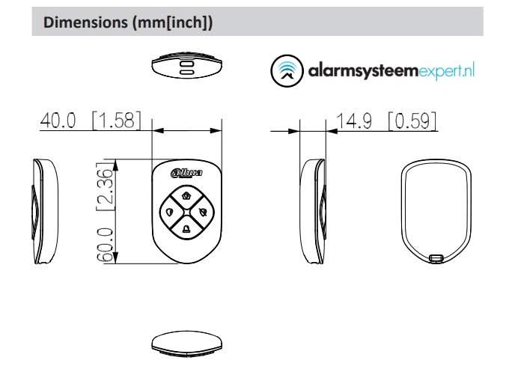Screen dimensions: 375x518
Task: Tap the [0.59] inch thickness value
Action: [412, 121]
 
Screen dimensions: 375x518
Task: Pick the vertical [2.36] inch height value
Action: [108, 187]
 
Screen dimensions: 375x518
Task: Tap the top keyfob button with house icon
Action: [186, 195]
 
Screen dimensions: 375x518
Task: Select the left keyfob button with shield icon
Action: [169, 211]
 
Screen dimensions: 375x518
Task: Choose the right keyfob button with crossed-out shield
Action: [204, 211]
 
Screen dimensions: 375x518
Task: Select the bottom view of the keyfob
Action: [186, 342]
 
